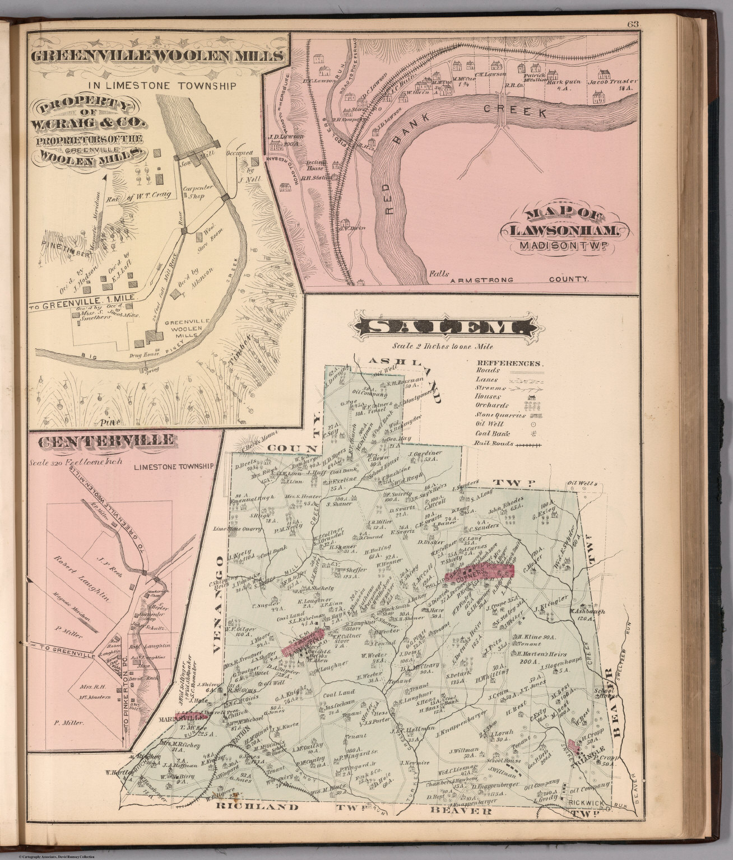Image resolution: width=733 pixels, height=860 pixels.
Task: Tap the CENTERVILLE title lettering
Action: coord(105,442)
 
